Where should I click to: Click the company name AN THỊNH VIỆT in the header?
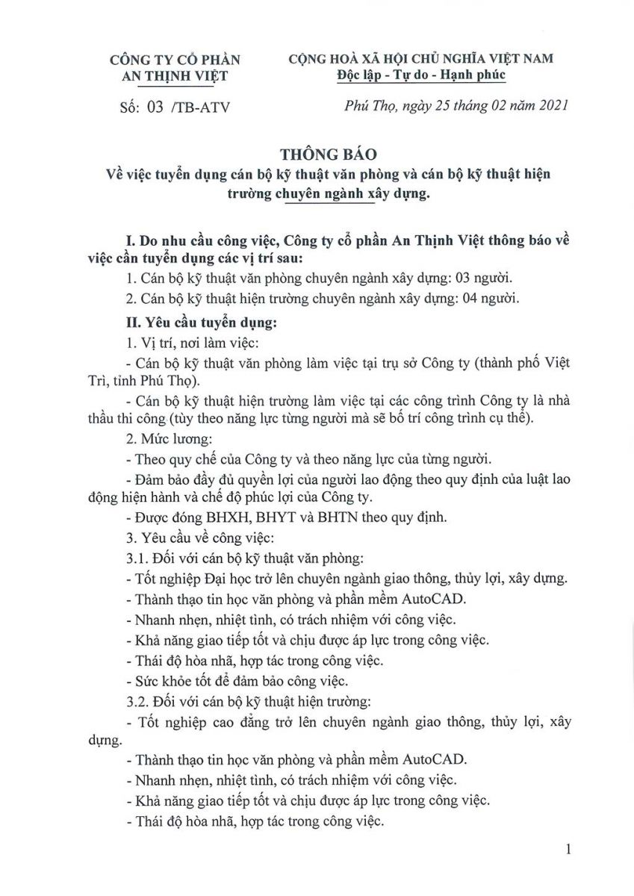point(175,75)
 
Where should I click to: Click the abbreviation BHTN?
point(336,516)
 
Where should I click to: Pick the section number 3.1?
point(137,558)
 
